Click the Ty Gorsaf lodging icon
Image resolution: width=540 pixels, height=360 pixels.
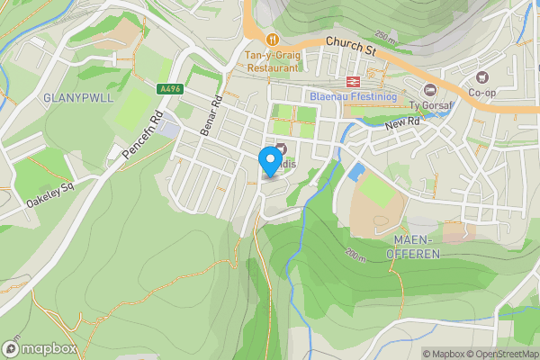click(430, 89)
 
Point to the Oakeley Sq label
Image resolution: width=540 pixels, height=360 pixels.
click(49, 192)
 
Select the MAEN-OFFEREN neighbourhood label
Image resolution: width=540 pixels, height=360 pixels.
click(416, 247)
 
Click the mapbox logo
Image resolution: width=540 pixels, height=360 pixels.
click(38, 348)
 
